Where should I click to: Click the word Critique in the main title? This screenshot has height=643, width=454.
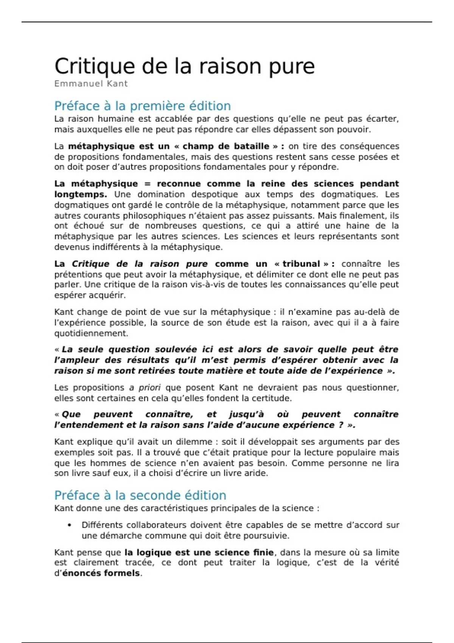point(94,67)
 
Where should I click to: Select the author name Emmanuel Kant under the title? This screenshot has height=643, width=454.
point(91,84)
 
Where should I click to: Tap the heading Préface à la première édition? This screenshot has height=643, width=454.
point(142,106)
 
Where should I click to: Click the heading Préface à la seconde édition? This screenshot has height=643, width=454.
point(140,495)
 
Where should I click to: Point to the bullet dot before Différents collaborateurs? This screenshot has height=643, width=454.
point(69,525)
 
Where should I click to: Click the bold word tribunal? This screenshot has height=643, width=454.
point(301,264)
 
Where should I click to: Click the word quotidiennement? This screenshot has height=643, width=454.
point(91,333)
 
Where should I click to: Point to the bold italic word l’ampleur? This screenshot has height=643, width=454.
point(77,360)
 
